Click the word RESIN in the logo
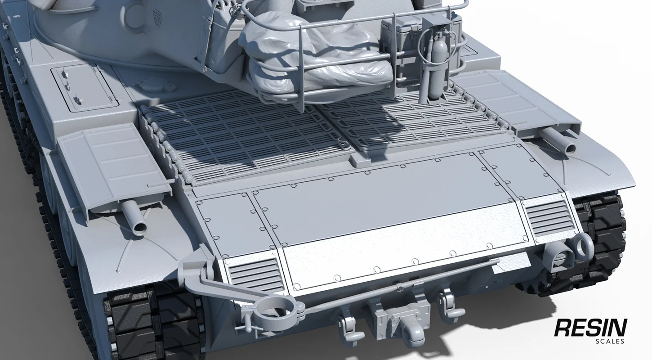click(x=590, y=328)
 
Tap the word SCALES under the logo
click(x=609, y=341)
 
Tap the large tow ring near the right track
click(x=583, y=247)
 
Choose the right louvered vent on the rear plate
click(x=549, y=218)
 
